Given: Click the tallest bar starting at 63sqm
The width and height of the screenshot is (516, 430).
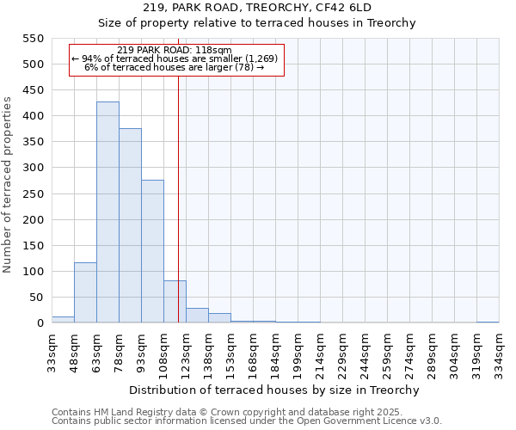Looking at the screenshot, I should (107, 212).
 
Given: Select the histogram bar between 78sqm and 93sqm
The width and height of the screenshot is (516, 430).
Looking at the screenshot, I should (130, 225).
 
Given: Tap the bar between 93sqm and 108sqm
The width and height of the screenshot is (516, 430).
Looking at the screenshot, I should (152, 251).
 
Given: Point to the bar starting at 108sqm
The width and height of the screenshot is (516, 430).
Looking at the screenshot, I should (175, 302).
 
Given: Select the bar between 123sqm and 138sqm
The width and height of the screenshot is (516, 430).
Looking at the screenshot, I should (197, 316).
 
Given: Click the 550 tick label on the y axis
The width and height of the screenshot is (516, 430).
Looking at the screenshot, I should (32, 39).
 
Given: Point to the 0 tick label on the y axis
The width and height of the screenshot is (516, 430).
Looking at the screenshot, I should (40, 323).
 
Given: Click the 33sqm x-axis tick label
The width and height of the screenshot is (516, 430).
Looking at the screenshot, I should (52, 349).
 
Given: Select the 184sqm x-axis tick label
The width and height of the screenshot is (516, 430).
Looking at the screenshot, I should (275, 351).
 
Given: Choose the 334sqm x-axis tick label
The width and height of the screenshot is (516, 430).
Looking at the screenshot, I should (499, 351).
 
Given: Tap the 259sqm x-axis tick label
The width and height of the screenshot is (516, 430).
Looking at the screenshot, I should (387, 351).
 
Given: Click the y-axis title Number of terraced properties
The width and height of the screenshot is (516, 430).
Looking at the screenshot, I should (8, 185).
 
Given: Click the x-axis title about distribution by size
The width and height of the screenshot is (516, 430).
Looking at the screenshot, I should (274, 390).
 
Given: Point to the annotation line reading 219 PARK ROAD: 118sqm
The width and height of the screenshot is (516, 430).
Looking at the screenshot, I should (175, 50).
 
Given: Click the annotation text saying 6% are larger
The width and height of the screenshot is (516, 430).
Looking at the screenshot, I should (175, 67).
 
